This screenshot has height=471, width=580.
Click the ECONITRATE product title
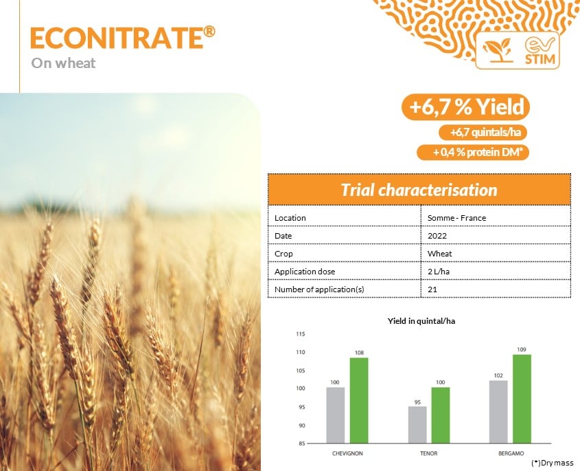[x=122, y=37]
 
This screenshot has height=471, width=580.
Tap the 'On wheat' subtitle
[x=63, y=63]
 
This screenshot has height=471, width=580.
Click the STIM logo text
[x=540, y=58]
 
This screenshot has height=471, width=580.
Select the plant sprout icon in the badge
[x=497, y=50]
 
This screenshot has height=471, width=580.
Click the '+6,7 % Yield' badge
[x=465, y=107]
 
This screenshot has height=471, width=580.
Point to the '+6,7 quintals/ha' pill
[x=483, y=132]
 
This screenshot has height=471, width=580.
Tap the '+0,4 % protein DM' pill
[x=473, y=153]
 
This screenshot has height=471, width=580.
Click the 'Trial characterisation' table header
[x=419, y=190]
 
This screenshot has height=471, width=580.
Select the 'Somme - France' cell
[x=457, y=218]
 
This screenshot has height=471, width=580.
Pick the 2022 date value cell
[x=437, y=236]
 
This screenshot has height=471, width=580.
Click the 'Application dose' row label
[x=305, y=272]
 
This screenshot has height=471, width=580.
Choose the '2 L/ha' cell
[x=439, y=272]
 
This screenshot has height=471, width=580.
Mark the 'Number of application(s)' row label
[x=319, y=289]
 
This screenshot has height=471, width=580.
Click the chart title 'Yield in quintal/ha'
[x=421, y=321]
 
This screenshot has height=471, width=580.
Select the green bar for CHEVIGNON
[x=359, y=400]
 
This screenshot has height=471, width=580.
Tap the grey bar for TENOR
[x=417, y=425]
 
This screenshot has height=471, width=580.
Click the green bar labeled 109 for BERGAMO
[x=522, y=399]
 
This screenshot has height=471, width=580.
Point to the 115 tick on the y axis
[x=301, y=334]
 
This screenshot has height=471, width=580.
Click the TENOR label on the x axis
[x=429, y=453]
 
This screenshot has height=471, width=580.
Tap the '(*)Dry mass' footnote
[x=553, y=463]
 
